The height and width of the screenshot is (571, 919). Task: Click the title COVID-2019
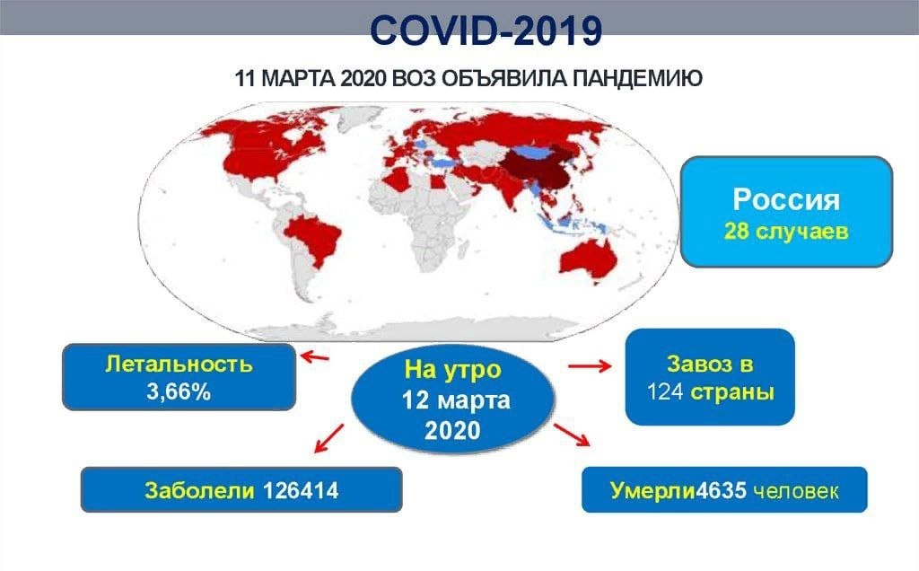(486, 30)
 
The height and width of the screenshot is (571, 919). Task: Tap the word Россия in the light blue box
(786, 199)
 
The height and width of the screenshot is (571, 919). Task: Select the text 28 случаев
(786, 231)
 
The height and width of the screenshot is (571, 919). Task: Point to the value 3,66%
(179, 391)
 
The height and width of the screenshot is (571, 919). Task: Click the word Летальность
(179, 364)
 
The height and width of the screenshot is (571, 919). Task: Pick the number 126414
(300, 490)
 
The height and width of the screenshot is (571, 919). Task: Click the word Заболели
(199, 490)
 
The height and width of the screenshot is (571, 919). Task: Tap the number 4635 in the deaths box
(721, 490)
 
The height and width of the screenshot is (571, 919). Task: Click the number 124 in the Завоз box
(665, 391)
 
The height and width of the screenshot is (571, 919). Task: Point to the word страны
(732, 392)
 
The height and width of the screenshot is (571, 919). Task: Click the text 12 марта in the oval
(455, 400)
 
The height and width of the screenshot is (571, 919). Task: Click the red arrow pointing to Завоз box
(590, 366)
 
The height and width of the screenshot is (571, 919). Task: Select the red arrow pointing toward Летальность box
(314, 356)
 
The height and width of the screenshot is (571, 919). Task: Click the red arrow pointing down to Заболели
(328, 438)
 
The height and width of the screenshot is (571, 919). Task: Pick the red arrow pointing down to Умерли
(572, 435)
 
